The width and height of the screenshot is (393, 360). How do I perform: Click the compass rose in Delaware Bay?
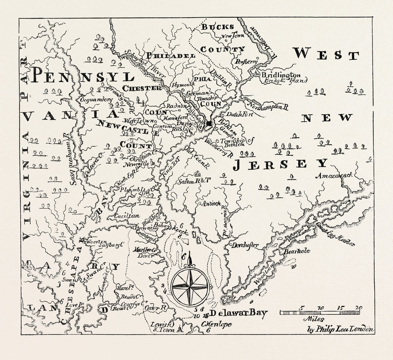pos(190,287)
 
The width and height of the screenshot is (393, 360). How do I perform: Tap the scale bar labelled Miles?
pos(319,312)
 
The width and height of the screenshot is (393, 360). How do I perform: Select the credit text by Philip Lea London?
pos(340,329)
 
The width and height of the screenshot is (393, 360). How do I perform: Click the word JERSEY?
pos(281,164)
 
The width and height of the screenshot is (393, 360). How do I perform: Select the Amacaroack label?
pos(334,175)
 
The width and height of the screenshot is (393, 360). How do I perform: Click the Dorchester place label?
pos(245,245)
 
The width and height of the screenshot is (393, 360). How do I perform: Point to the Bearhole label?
pos(297,251)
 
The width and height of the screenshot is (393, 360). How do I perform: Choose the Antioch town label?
pos(211,203)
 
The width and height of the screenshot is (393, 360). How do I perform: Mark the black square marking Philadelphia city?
pos(209,123)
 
